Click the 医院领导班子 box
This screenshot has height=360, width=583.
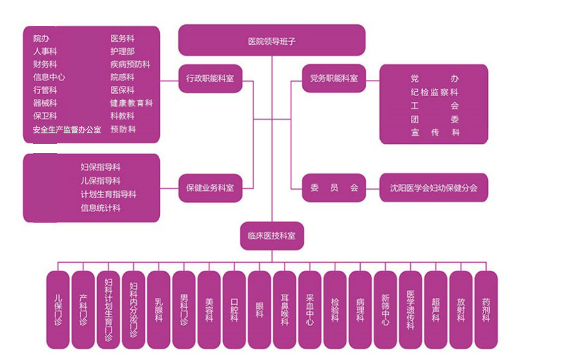(x=271, y=41)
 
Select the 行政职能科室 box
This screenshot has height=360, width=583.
(x=210, y=78)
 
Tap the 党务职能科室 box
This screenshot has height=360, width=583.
(x=334, y=78)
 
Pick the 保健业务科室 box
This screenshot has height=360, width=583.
(x=210, y=188)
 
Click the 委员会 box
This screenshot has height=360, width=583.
(x=334, y=188)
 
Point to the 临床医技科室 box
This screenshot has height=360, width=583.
(x=271, y=236)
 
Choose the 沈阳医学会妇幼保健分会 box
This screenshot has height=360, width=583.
(x=434, y=188)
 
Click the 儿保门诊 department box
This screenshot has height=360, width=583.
(x=58, y=309)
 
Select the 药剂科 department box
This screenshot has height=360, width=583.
(x=486, y=309)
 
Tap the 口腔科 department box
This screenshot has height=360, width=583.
(x=234, y=309)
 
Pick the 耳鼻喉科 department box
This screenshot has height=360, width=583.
(x=285, y=309)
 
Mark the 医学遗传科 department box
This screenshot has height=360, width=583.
(x=410, y=309)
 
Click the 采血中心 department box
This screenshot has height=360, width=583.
(x=310, y=309)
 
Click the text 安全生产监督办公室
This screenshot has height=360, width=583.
(x=67, y=130)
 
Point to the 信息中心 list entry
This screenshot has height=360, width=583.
(x=49, y=77)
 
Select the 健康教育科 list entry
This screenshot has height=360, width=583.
(x=131, y=103)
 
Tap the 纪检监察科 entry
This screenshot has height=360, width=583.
(x=435, y=92)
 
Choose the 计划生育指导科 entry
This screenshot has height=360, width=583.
(x=108, y=194)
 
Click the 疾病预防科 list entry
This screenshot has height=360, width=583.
(x=130, y=64)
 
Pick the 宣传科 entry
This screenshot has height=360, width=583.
(x=435, y=133)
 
